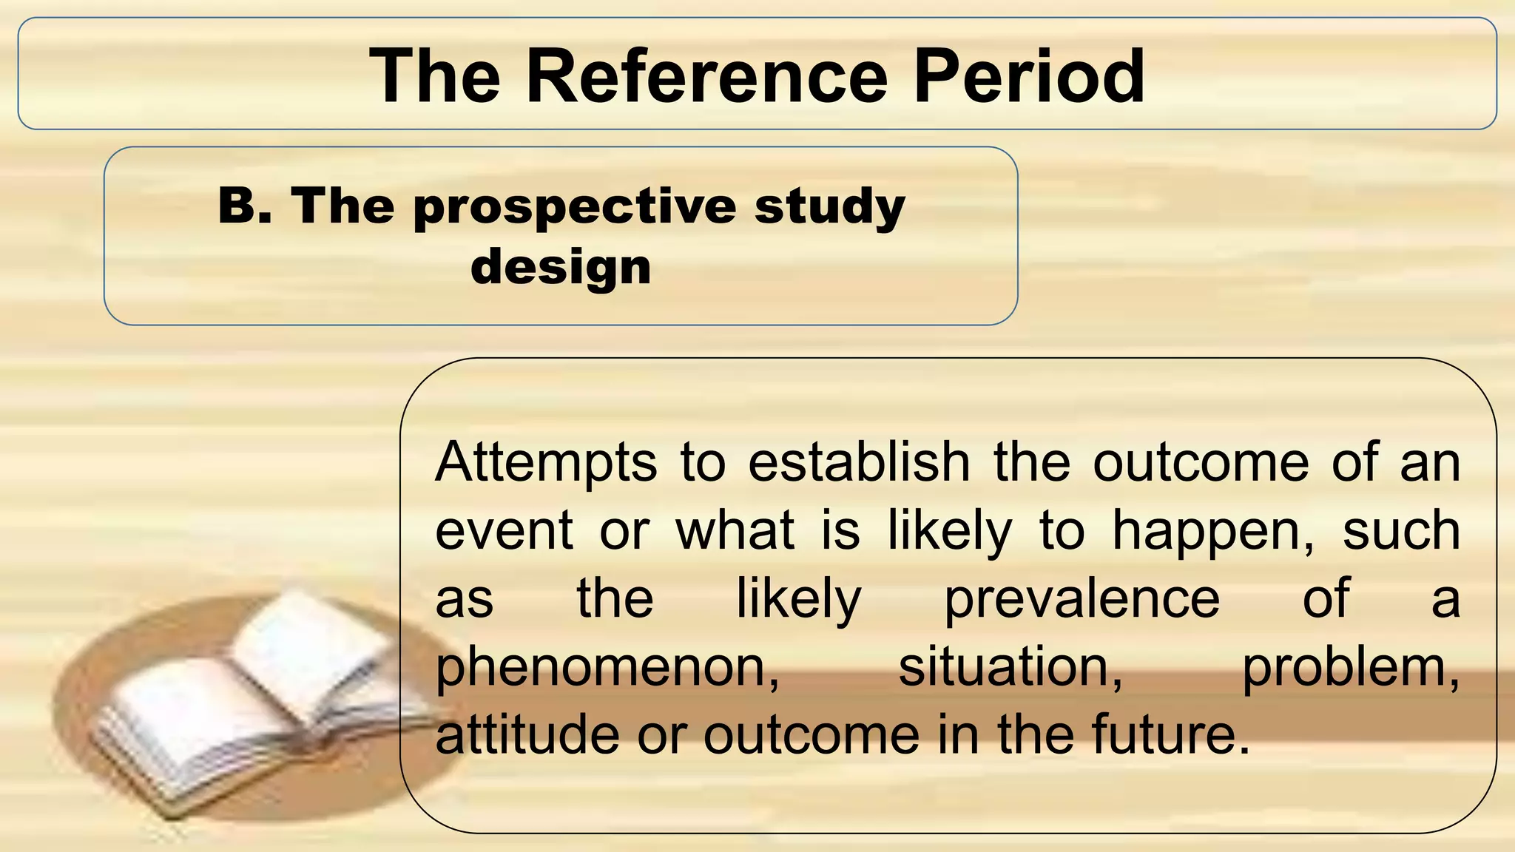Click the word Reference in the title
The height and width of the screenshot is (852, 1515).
(706, 76)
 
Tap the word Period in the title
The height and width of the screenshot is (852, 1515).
(1029, 76)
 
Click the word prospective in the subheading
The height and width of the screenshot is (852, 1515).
(574, 207)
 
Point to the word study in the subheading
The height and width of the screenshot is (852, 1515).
(829, 207)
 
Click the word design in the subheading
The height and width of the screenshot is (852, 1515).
(561, 267)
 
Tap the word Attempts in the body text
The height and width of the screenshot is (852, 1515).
(546, 464)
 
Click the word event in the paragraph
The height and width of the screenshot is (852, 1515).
(504, 531)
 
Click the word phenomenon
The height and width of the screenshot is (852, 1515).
(607, 668)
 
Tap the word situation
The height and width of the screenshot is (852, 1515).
(1010, 666)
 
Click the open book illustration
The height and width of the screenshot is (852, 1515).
(259, 703)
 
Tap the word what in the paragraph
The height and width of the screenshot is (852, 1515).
(735, 531)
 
